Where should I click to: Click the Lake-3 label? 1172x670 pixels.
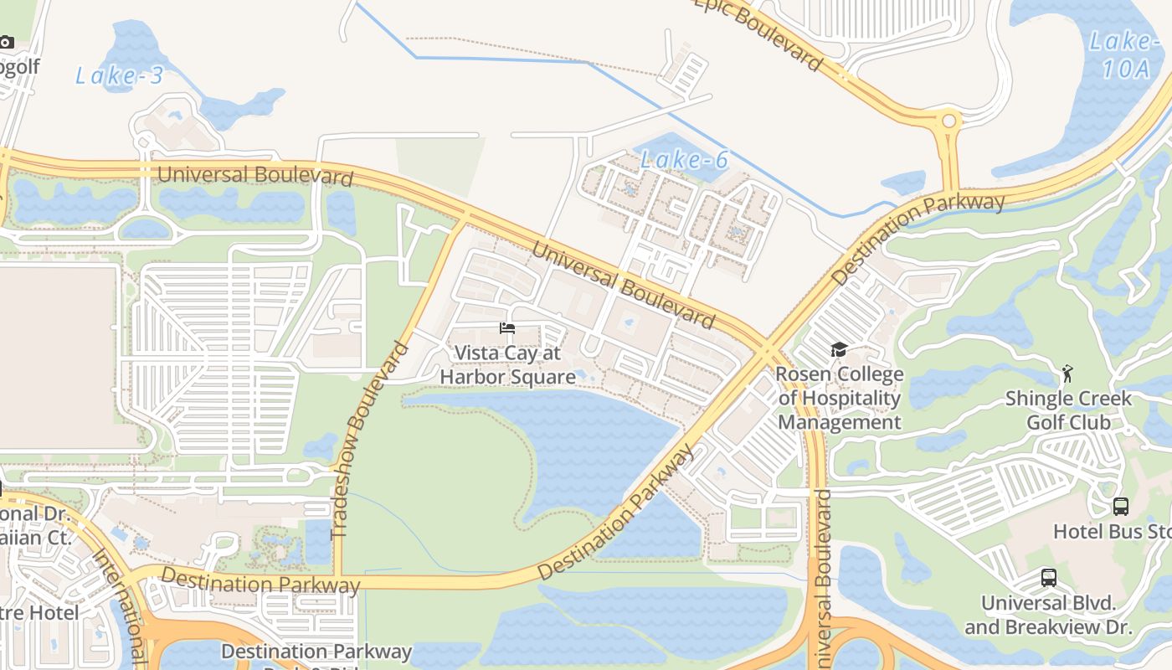tap(119, 75)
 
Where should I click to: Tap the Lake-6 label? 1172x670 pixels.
tap(684, 159)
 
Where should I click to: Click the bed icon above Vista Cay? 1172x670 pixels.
tap(507, 328)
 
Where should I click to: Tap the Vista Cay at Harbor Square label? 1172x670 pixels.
tap(507, 365)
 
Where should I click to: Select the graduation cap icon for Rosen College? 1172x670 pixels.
tap(839, 350)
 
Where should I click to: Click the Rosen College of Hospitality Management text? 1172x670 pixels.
tap(840, 398)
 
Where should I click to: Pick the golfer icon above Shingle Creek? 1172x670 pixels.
tap(1067, 373)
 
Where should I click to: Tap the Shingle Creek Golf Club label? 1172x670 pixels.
tap(1068, 410)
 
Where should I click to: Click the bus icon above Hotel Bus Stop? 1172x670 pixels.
tap(1121, 506)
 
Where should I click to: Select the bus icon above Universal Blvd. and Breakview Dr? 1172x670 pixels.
tap(1048, 577)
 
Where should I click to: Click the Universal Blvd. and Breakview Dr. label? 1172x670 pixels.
tap(1048, 615)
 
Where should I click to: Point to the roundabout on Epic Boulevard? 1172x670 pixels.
tap(948, 121)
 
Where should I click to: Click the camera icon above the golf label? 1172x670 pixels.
tap(7, 41)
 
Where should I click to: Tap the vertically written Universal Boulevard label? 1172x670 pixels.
tap(822, 578)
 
